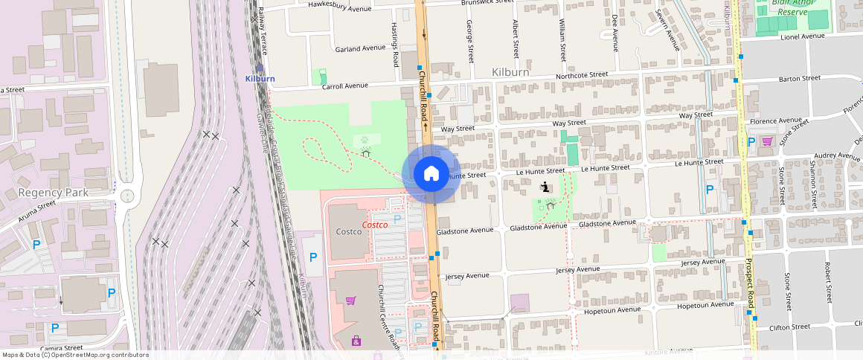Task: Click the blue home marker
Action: (431, 174)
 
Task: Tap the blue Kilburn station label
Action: (260, 78)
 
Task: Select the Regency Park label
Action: (54, 193)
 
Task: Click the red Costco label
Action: (375, 225)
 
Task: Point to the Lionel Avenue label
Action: (803, 36)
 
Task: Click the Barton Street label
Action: (799, 77)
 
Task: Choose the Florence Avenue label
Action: (775, 120)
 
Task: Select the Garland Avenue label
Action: (360, 48)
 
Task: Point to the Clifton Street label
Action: (789, 327)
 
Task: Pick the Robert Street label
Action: (827, 276)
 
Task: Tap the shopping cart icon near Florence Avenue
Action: (767, 141)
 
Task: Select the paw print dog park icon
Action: (366, 139)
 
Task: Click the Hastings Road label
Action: (396, 44)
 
